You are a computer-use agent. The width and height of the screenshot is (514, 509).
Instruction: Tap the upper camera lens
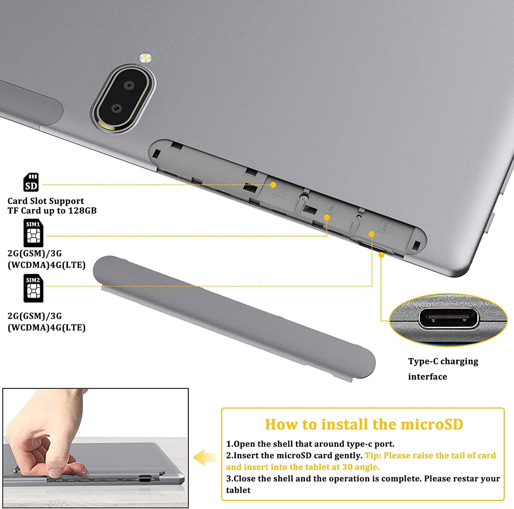128,85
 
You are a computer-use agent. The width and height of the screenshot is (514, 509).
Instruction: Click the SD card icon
31,182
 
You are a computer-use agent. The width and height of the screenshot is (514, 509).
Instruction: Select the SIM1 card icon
33,233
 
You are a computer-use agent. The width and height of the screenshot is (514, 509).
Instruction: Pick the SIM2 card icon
33,288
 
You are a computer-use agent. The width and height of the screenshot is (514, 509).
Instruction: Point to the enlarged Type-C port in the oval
449,319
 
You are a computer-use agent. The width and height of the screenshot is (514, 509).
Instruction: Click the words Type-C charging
443,361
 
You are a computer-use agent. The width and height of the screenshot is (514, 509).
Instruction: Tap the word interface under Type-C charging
427,377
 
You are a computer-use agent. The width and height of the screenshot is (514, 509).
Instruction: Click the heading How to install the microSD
364,424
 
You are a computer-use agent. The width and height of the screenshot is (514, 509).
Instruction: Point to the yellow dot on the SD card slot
273,185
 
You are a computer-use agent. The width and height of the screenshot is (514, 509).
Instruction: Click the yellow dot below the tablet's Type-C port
381,255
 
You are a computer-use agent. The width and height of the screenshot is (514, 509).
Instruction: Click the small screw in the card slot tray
304,197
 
